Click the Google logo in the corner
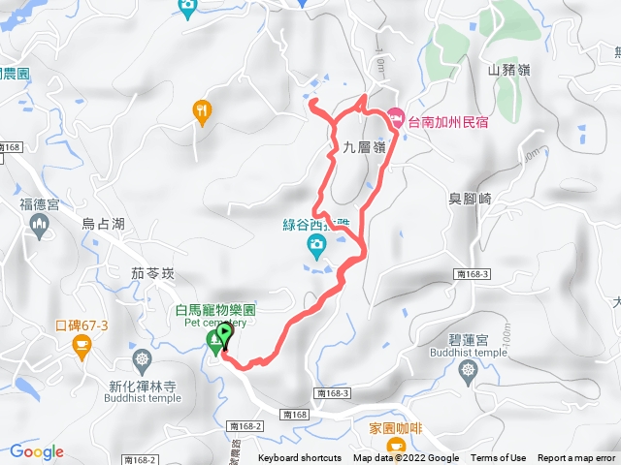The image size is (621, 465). (37, 451)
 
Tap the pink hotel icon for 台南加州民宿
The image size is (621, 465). (396, 120)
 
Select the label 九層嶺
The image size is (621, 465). (365, 147)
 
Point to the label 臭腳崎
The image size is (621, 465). (472, 199)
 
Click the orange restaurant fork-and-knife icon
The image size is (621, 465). (202, 110)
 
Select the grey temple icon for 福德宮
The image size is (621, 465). (40, 227)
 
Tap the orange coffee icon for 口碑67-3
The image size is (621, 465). (81, 345)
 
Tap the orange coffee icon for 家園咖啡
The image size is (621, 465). (396, 446)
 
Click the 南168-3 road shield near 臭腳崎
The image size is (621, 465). (470, 274)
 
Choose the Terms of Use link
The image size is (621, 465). (499, 458)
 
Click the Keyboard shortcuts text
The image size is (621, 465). (300, 458)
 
